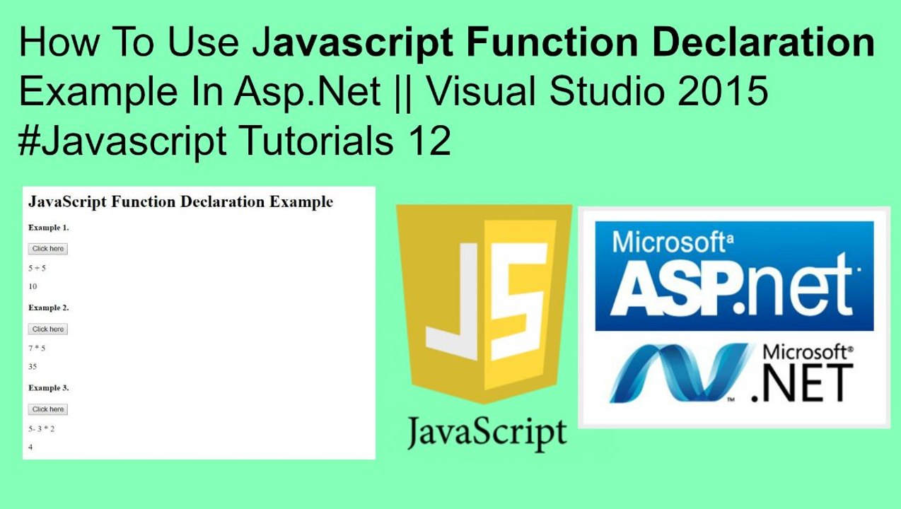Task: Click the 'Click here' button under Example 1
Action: (x=47, y=249)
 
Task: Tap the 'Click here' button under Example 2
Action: (x=47, y=329)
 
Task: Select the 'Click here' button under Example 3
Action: (x=47, y=409)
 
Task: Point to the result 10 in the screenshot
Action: (x=33, y=286)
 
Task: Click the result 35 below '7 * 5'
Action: (x=33, y=367)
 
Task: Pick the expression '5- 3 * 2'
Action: (x=41, y=428)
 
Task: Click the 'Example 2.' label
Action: (x=48, y=308)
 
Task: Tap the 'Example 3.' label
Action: (x=48, y=388)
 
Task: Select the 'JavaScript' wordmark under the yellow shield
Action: (x=486, y=431)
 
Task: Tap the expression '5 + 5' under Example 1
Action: (x=37, y=268)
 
